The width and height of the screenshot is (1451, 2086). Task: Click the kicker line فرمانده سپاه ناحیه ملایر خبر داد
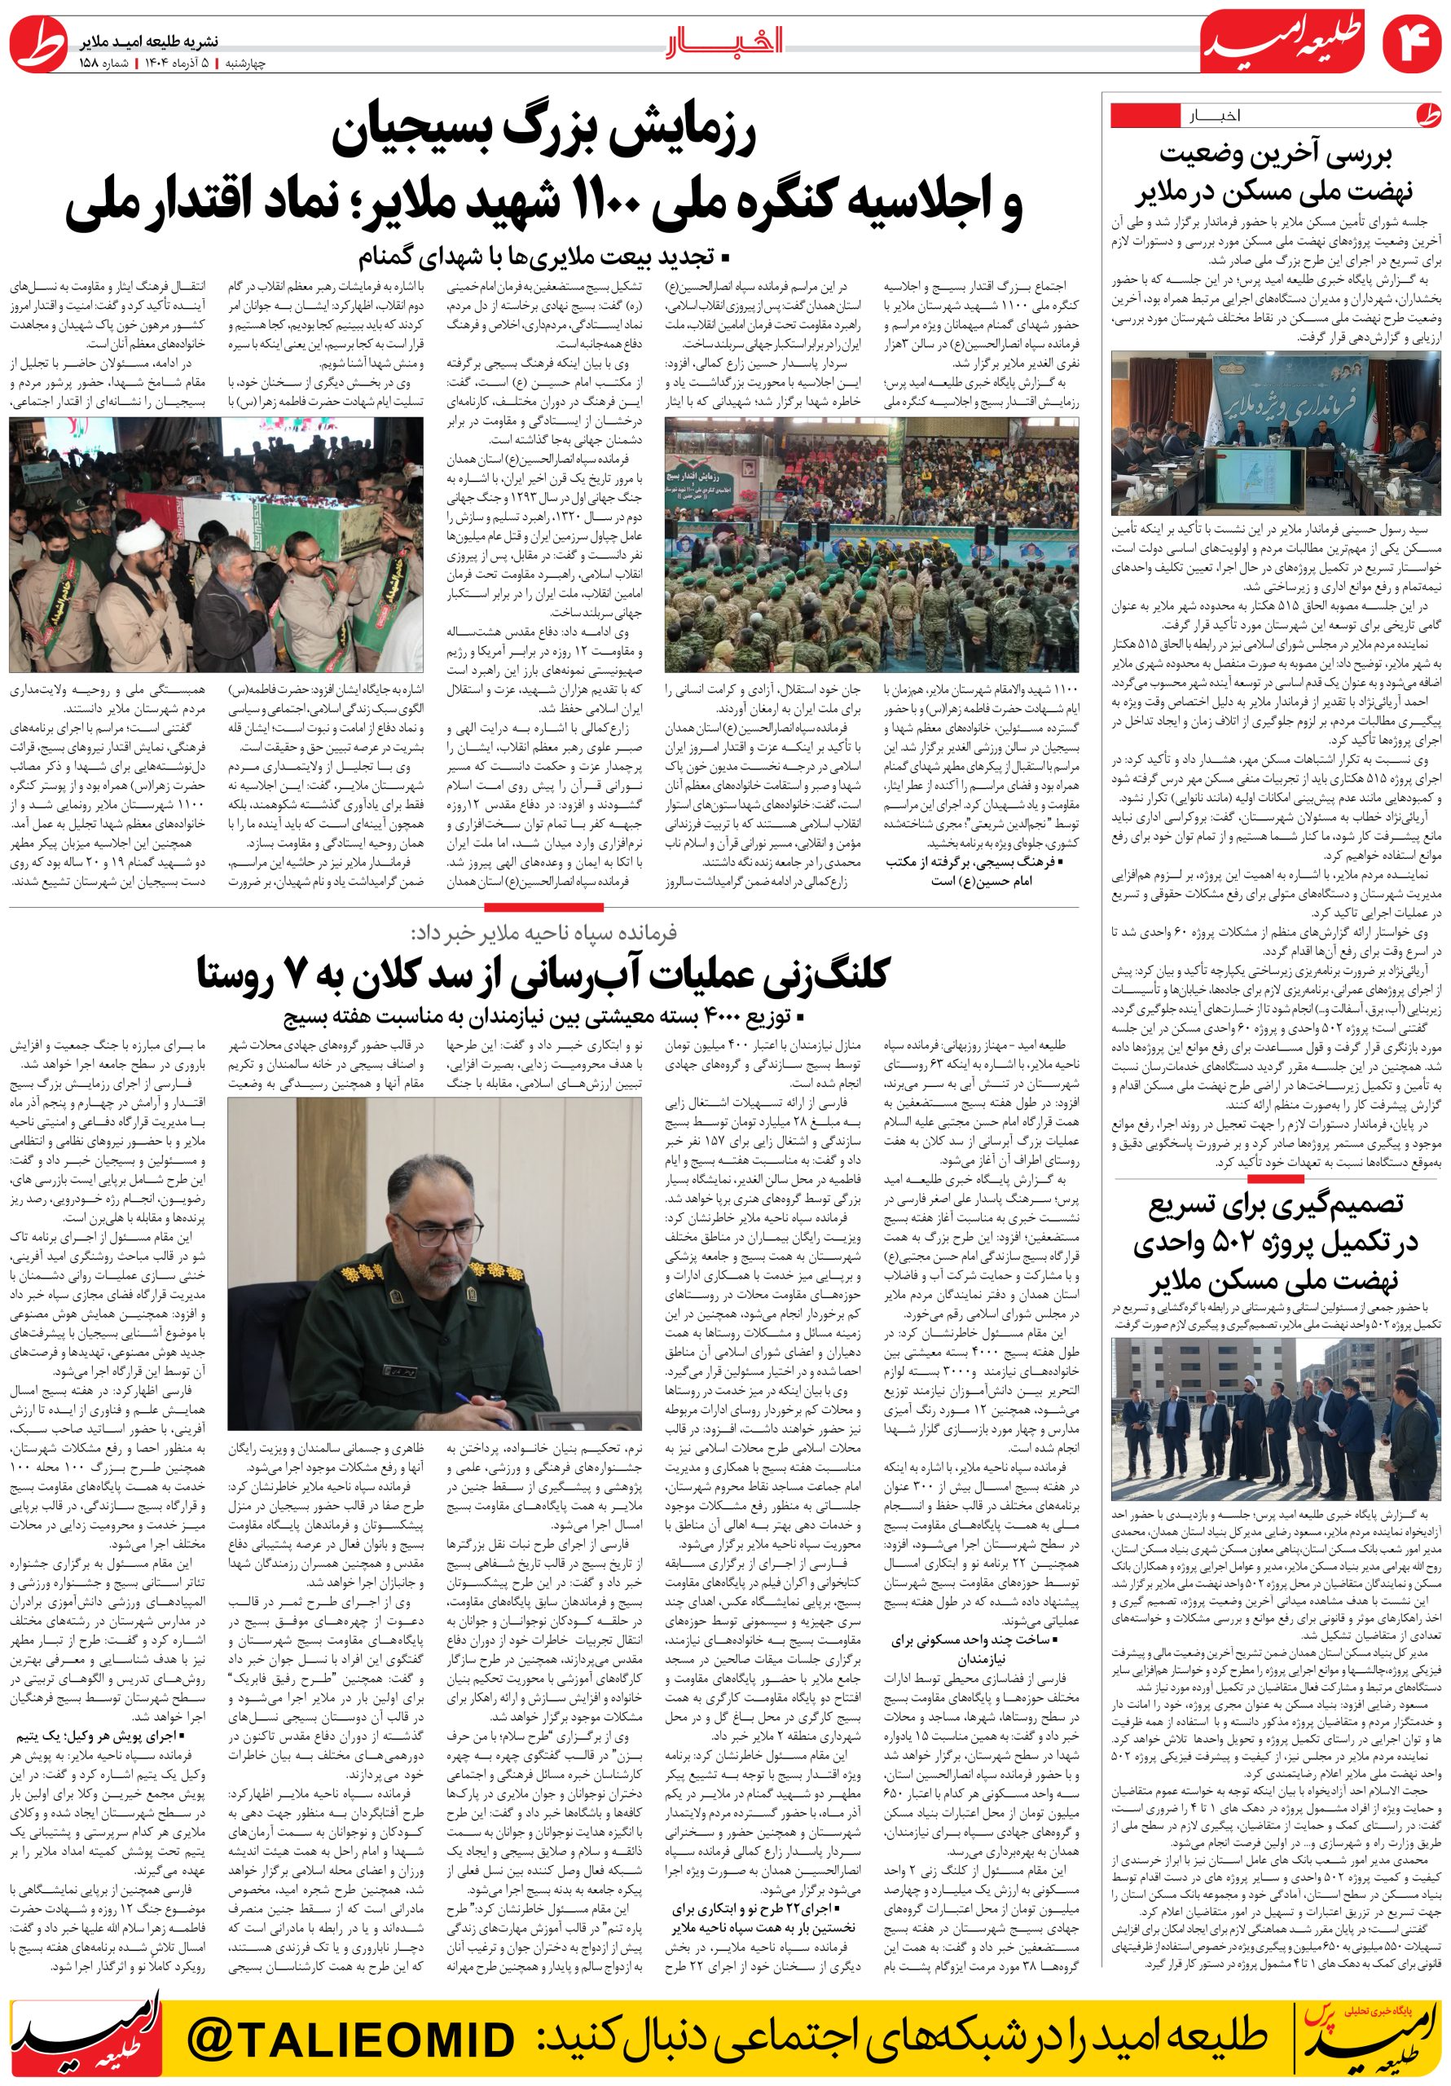tap(543, 933)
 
